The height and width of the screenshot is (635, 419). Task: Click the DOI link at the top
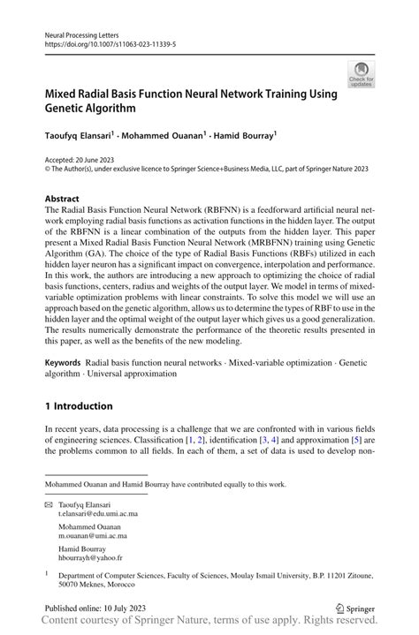coord(103,42)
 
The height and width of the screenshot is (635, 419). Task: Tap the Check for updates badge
coord(361,74)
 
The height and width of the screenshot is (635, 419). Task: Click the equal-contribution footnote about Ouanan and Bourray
coord(167,485)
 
